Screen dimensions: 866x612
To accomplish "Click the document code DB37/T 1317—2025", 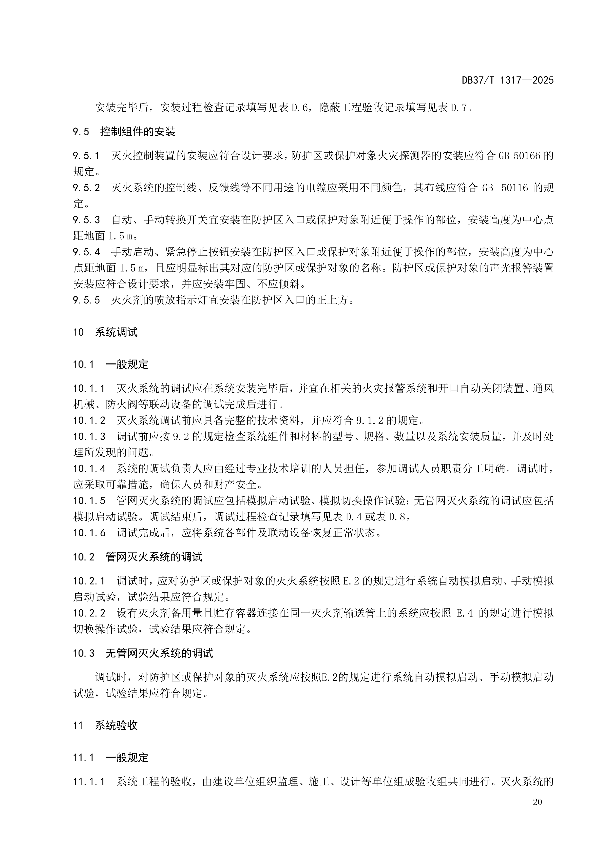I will pyautogui.click(x=508, y=80).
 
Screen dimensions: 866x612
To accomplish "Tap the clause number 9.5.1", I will pyautogui.click(x=87, y=155).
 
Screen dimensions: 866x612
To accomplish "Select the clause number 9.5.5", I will pyautogui.click(x=87, y=300).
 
